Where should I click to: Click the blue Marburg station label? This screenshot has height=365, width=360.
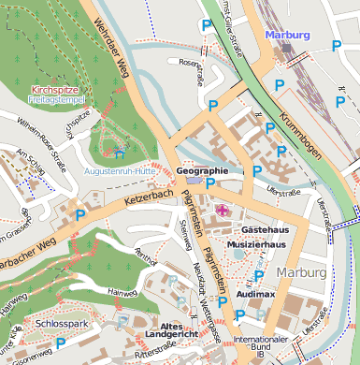[287, 35]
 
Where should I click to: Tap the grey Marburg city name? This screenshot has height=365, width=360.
[302, 272]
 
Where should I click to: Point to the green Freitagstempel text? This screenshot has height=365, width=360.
[56, 98]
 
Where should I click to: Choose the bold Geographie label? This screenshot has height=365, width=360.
[202, 171]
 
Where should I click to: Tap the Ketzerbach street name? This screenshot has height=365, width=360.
[149, 197]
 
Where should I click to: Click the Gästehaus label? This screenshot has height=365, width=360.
[265, 229]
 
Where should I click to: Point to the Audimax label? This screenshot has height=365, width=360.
[255, 293]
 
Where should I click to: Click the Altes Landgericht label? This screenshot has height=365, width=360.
[171, 328]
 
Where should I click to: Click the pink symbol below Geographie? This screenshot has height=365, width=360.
[222, 211]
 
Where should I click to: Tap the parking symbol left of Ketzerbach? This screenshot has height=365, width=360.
[80, 216]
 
